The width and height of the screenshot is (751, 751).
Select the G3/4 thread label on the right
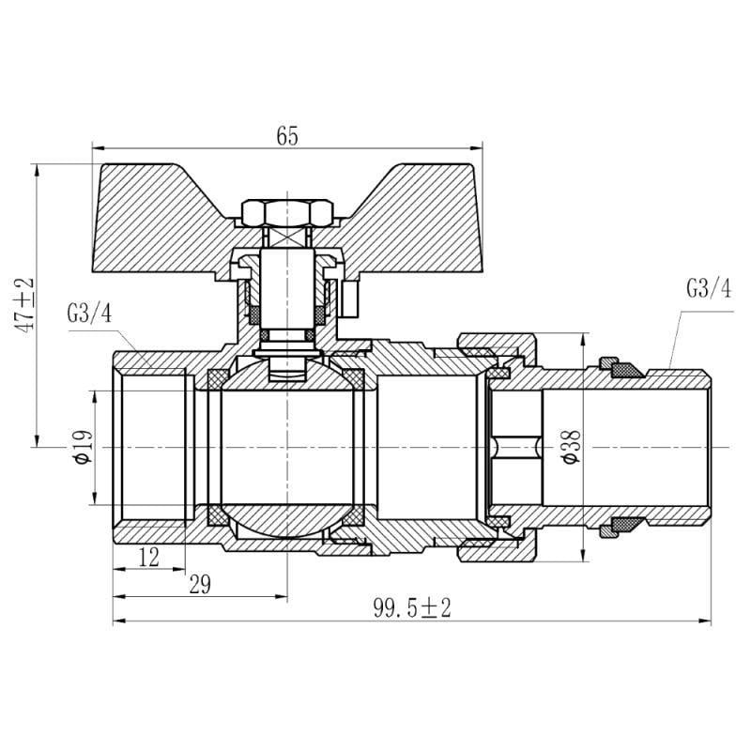[x=708, y=289]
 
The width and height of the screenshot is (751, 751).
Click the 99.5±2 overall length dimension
[x=412, y=608]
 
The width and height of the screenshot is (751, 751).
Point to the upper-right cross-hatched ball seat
[x=354, y=378]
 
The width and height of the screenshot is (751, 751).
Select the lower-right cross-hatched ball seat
[x=354, y=518]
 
